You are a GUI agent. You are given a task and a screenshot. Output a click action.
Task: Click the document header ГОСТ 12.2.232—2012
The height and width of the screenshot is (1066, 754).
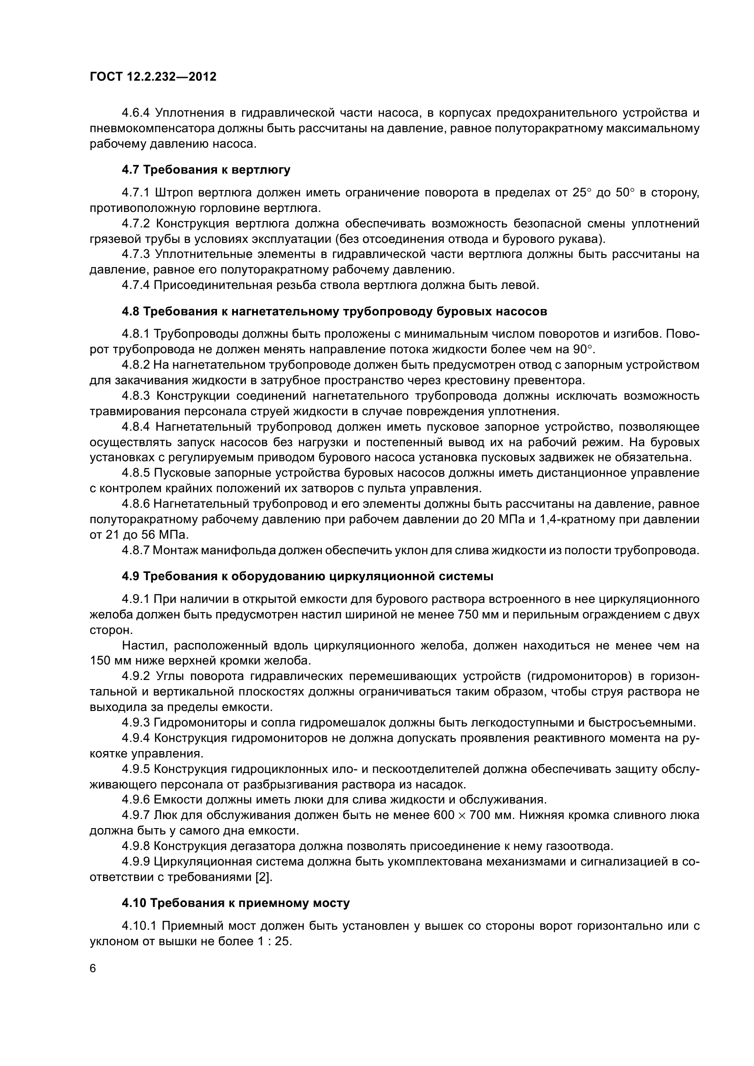(x=153, y=77)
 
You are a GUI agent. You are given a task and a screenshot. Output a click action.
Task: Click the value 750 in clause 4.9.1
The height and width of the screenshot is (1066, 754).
(x=470, y=615)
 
